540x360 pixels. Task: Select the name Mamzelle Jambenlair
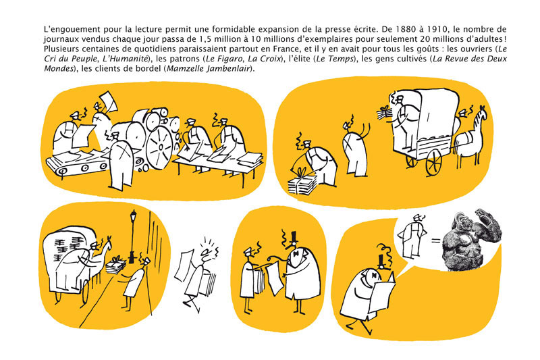click(209, 68)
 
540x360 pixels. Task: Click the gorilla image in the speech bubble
click(471, 238)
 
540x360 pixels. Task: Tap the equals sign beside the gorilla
click(435, 240)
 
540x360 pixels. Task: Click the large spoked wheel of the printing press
click(159, 147)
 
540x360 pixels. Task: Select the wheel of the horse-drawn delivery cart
click(433, 163)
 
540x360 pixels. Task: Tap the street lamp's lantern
click(133, 217)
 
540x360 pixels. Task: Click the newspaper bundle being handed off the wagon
click(384, 113)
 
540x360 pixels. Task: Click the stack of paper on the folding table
click(249, 159)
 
